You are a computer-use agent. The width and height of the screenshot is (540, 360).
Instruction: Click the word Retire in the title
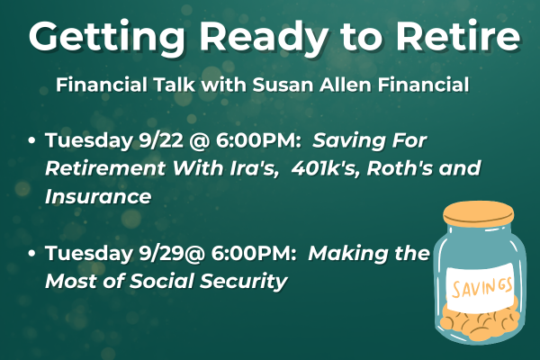458,36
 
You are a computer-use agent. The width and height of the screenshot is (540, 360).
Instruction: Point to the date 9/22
161,141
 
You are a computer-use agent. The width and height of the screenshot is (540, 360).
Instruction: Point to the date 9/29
161,254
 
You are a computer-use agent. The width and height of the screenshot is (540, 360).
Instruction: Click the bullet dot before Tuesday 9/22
31,141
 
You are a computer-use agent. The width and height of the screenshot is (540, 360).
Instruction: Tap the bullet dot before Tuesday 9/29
31,254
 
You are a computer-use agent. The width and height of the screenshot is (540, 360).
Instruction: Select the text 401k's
323,168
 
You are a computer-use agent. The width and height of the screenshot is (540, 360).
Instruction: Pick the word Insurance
98,196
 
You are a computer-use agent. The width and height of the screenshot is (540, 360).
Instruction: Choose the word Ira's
254,168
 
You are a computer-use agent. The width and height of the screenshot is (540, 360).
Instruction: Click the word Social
162,281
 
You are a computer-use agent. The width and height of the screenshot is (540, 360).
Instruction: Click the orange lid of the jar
479,213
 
